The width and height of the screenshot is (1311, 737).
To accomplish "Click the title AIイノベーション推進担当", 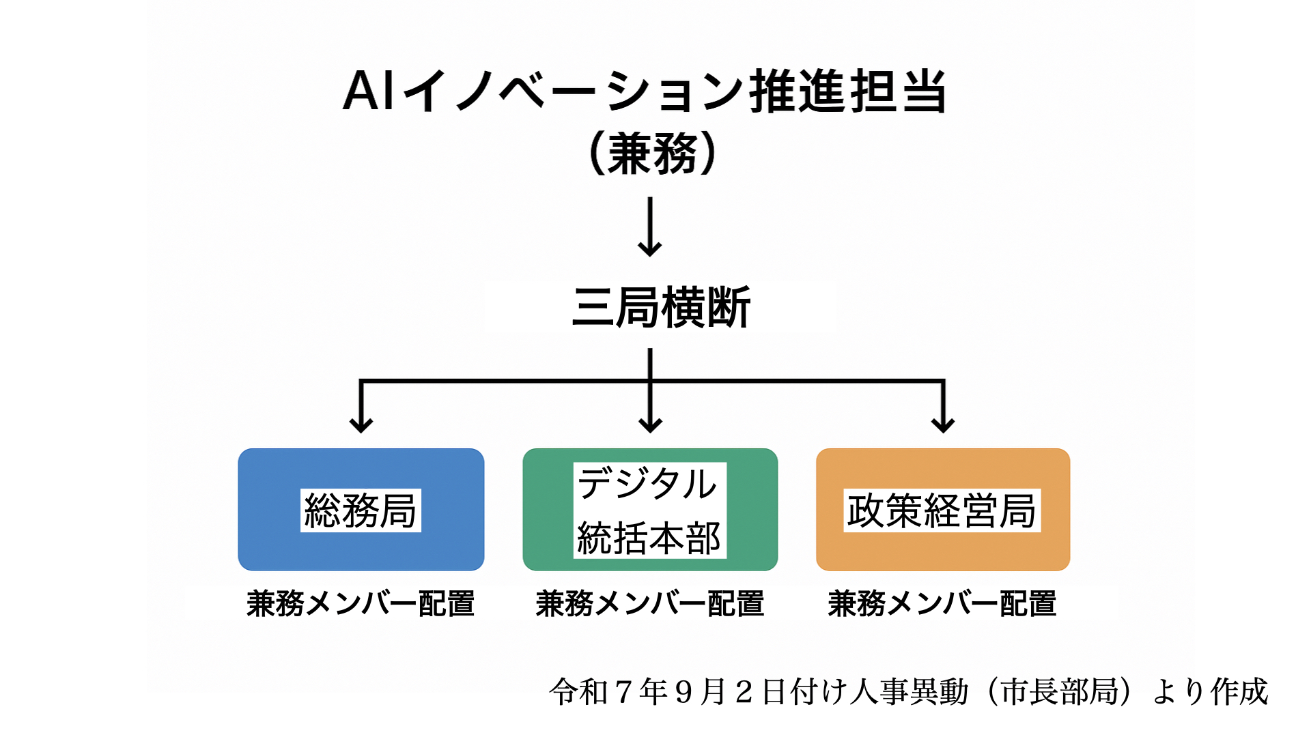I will pos(645,91).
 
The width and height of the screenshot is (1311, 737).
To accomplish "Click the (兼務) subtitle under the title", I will pos(652,154).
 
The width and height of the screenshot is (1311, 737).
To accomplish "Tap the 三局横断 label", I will pos(661,307).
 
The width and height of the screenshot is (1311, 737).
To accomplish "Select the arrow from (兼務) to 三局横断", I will pos(650,227).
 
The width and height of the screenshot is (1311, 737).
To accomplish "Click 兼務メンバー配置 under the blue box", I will pos(361,604).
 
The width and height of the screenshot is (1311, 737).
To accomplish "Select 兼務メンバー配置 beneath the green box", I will pos(650,604).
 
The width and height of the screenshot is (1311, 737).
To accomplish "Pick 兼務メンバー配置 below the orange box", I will pos(942,604).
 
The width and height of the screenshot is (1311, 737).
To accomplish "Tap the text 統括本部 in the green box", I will pos(649,538).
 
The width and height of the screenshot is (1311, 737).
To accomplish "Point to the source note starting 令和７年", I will pos(908,691).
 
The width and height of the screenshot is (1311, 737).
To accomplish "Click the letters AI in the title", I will pos(369,91).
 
